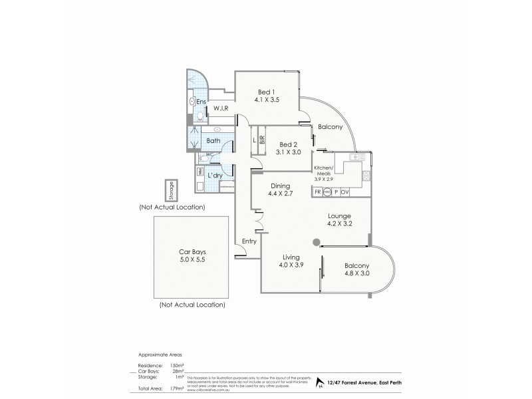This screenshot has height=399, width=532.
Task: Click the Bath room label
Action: click(213, 141)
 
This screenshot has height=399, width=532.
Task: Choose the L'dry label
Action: click(215, 175)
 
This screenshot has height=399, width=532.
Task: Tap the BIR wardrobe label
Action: click(263, 140)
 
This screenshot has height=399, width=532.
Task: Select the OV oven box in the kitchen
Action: click(346, 192)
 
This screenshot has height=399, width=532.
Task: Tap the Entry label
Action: click(249, 241)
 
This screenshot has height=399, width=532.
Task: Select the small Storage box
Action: click(171, 190)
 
